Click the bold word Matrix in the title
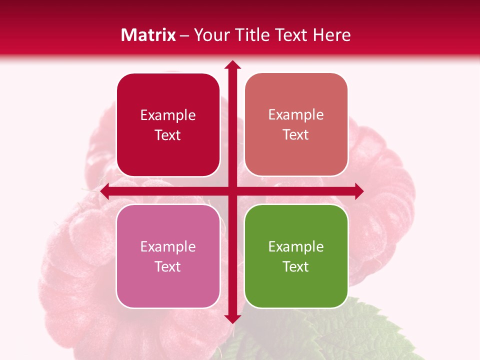click(148, 35)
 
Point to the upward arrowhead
click(232, 65)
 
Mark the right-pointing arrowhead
click(358, 191)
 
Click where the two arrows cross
click(232, 191)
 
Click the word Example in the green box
click(296, 246)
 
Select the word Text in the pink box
click(168, 266)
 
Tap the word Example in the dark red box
click(168, 115)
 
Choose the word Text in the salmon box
click(296, 135)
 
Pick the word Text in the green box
click(296, 266)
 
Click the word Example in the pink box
click(168, 246)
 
